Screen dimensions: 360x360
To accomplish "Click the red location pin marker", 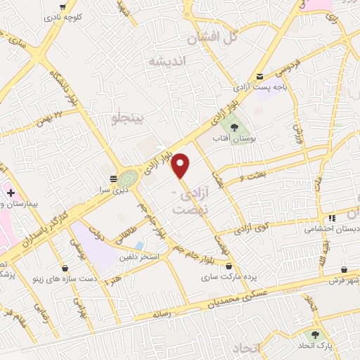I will point(181,164).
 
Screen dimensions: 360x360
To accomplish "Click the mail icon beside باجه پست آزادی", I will point(260,77).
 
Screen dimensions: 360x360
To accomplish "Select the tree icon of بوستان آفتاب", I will point(234,127).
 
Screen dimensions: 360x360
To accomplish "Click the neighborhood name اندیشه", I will point(169,62).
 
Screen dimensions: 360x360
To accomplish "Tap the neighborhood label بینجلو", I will point(130,119).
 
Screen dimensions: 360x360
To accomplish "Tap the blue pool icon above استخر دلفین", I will point(139,245).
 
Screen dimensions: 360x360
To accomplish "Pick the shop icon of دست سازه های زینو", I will point(65,268).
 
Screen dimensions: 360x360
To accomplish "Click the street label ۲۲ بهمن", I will point(68,112).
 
